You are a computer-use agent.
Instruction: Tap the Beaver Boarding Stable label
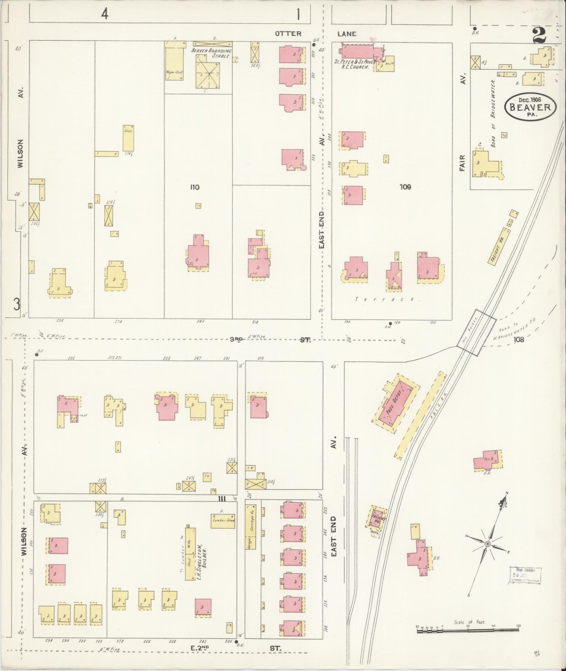click(x=211, y=53)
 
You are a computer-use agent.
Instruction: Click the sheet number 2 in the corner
click(x=539, y=38)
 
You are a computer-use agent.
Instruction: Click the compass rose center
click(x=487, y=544)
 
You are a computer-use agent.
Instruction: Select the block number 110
click(x=195, y=187)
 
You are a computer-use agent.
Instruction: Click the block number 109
click(x=405, y=187)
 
